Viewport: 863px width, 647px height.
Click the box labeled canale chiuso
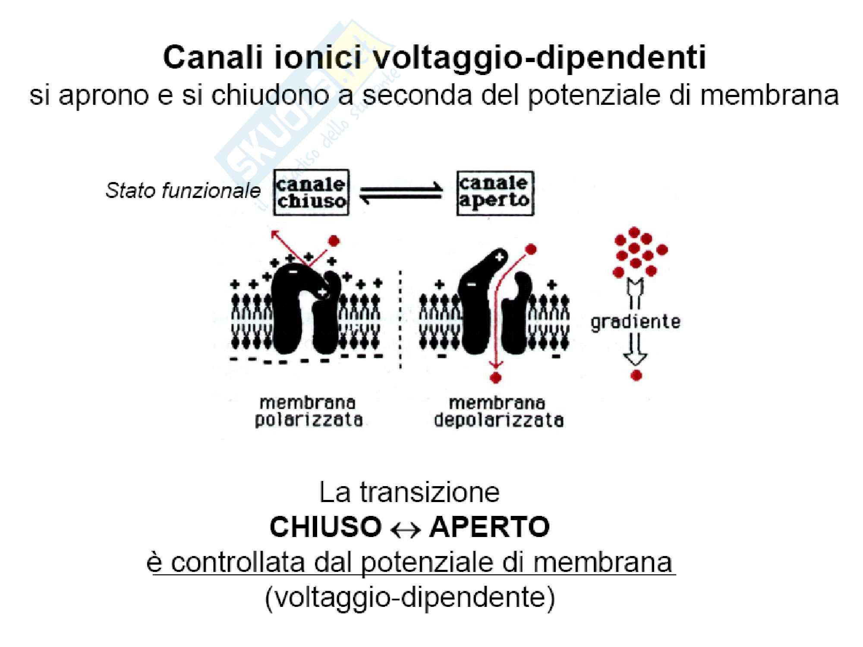pos(311,192)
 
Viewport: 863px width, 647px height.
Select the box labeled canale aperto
pos(494,192)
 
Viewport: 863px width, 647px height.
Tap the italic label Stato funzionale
pos(183,190)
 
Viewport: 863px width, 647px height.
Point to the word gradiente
pos(635,322)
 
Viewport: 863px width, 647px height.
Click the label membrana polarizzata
pos(308,411)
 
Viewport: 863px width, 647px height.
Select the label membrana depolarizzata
pos(498,411)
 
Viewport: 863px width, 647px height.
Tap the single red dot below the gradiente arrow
pos(636,376)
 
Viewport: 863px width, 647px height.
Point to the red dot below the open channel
pos(496,378)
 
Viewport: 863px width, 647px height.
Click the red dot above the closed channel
pos(334,241)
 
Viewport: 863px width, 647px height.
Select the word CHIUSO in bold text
pos(325,527)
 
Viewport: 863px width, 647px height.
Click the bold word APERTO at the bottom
pos(489,527)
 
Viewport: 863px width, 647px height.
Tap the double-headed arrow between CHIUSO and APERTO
pos(405,529)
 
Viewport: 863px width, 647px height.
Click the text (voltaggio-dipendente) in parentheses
pos(410,597)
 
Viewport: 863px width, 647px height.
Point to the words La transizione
pos(409,492)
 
